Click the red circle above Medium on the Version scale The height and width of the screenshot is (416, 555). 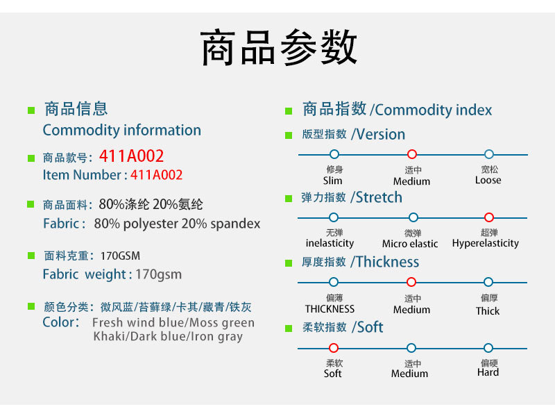pos(411,154)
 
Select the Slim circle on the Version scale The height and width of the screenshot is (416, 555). pos(334,154)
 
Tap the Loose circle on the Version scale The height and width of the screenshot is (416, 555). pos(489,154)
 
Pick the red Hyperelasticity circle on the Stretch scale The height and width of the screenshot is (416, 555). pos(489,217)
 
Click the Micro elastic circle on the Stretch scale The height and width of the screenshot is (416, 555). pos(413,217)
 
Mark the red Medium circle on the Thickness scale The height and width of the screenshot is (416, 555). pos(411,282)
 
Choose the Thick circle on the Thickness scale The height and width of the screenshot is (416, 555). pos(488,282)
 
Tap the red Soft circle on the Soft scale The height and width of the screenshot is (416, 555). pos(334,348)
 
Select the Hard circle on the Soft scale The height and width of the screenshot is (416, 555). pos(488,348)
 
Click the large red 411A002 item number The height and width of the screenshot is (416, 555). pos(131,156)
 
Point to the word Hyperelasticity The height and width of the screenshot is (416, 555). pos(485,244)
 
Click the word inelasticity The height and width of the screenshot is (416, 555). pos(330,244)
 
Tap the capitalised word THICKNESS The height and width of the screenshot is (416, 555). pos(330,309)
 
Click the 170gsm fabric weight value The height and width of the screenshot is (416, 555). pos(159,274)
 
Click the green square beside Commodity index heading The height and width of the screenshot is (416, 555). pos(289,111)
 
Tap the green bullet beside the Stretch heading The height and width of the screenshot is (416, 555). pos(289,199)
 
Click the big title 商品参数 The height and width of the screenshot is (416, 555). pos(279,47)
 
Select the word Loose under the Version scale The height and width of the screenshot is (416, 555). pos(488,180)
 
